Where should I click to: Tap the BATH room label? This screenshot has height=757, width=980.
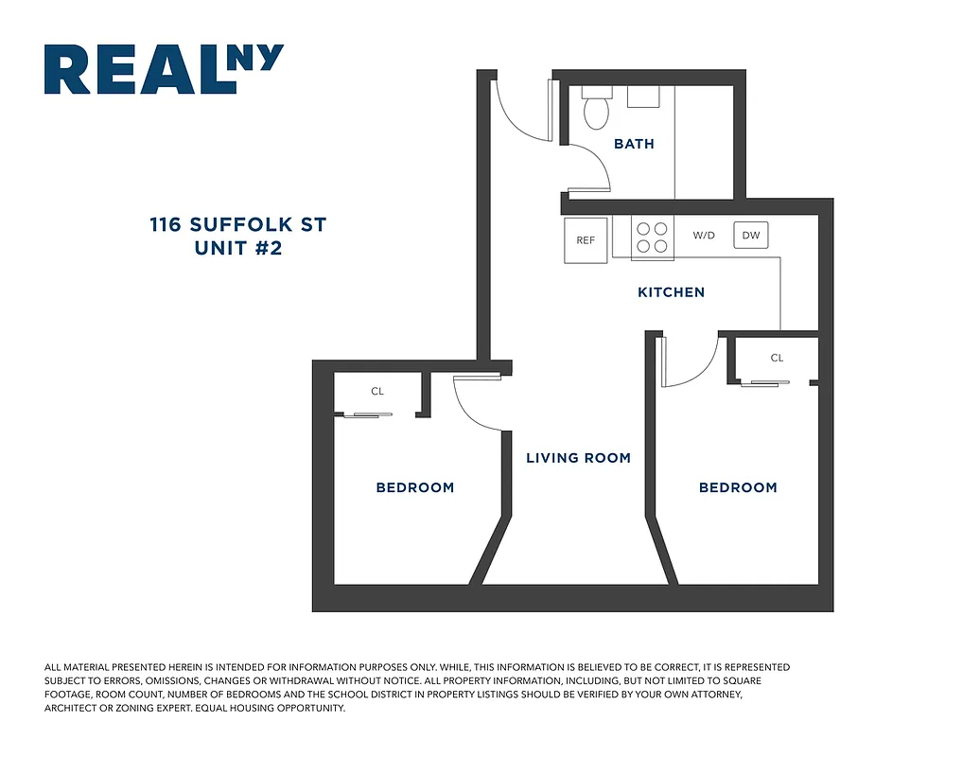[x=634, y=144]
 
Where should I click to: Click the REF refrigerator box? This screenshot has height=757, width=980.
[x=586, y=239]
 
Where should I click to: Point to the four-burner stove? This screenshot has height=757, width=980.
[x=651, y=238]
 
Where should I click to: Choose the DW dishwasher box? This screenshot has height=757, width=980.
[x=750, y=236]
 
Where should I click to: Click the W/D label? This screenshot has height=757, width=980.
[x=704, y=236]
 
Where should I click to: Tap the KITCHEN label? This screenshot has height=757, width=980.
[x=671, y=292]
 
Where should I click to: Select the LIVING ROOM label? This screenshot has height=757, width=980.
[x=578, y=458]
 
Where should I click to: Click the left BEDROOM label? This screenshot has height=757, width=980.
[x=415, y=487]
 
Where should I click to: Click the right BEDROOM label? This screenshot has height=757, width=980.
[x=738, y=487]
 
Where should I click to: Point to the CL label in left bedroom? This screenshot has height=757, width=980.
[x=377, y=391]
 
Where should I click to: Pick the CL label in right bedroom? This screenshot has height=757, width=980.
[x=777, y=358]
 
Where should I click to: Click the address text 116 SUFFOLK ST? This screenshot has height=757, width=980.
[x=237, y=225]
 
